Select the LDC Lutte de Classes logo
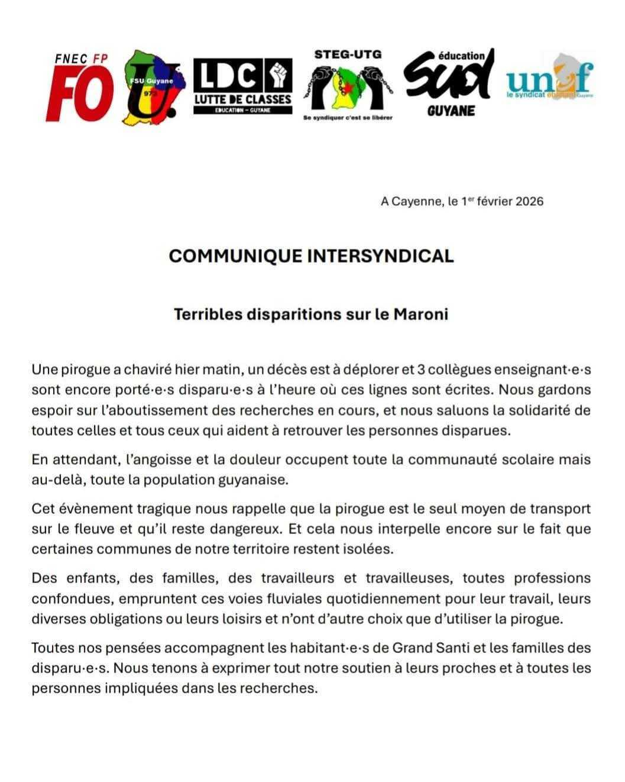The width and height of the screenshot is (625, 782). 243,86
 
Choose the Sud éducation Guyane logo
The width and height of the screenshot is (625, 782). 448,83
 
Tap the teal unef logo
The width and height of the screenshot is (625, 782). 550,80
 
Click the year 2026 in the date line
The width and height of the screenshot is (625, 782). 529,201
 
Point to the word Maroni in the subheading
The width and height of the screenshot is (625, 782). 420,314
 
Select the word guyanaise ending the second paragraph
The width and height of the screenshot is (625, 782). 250,480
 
